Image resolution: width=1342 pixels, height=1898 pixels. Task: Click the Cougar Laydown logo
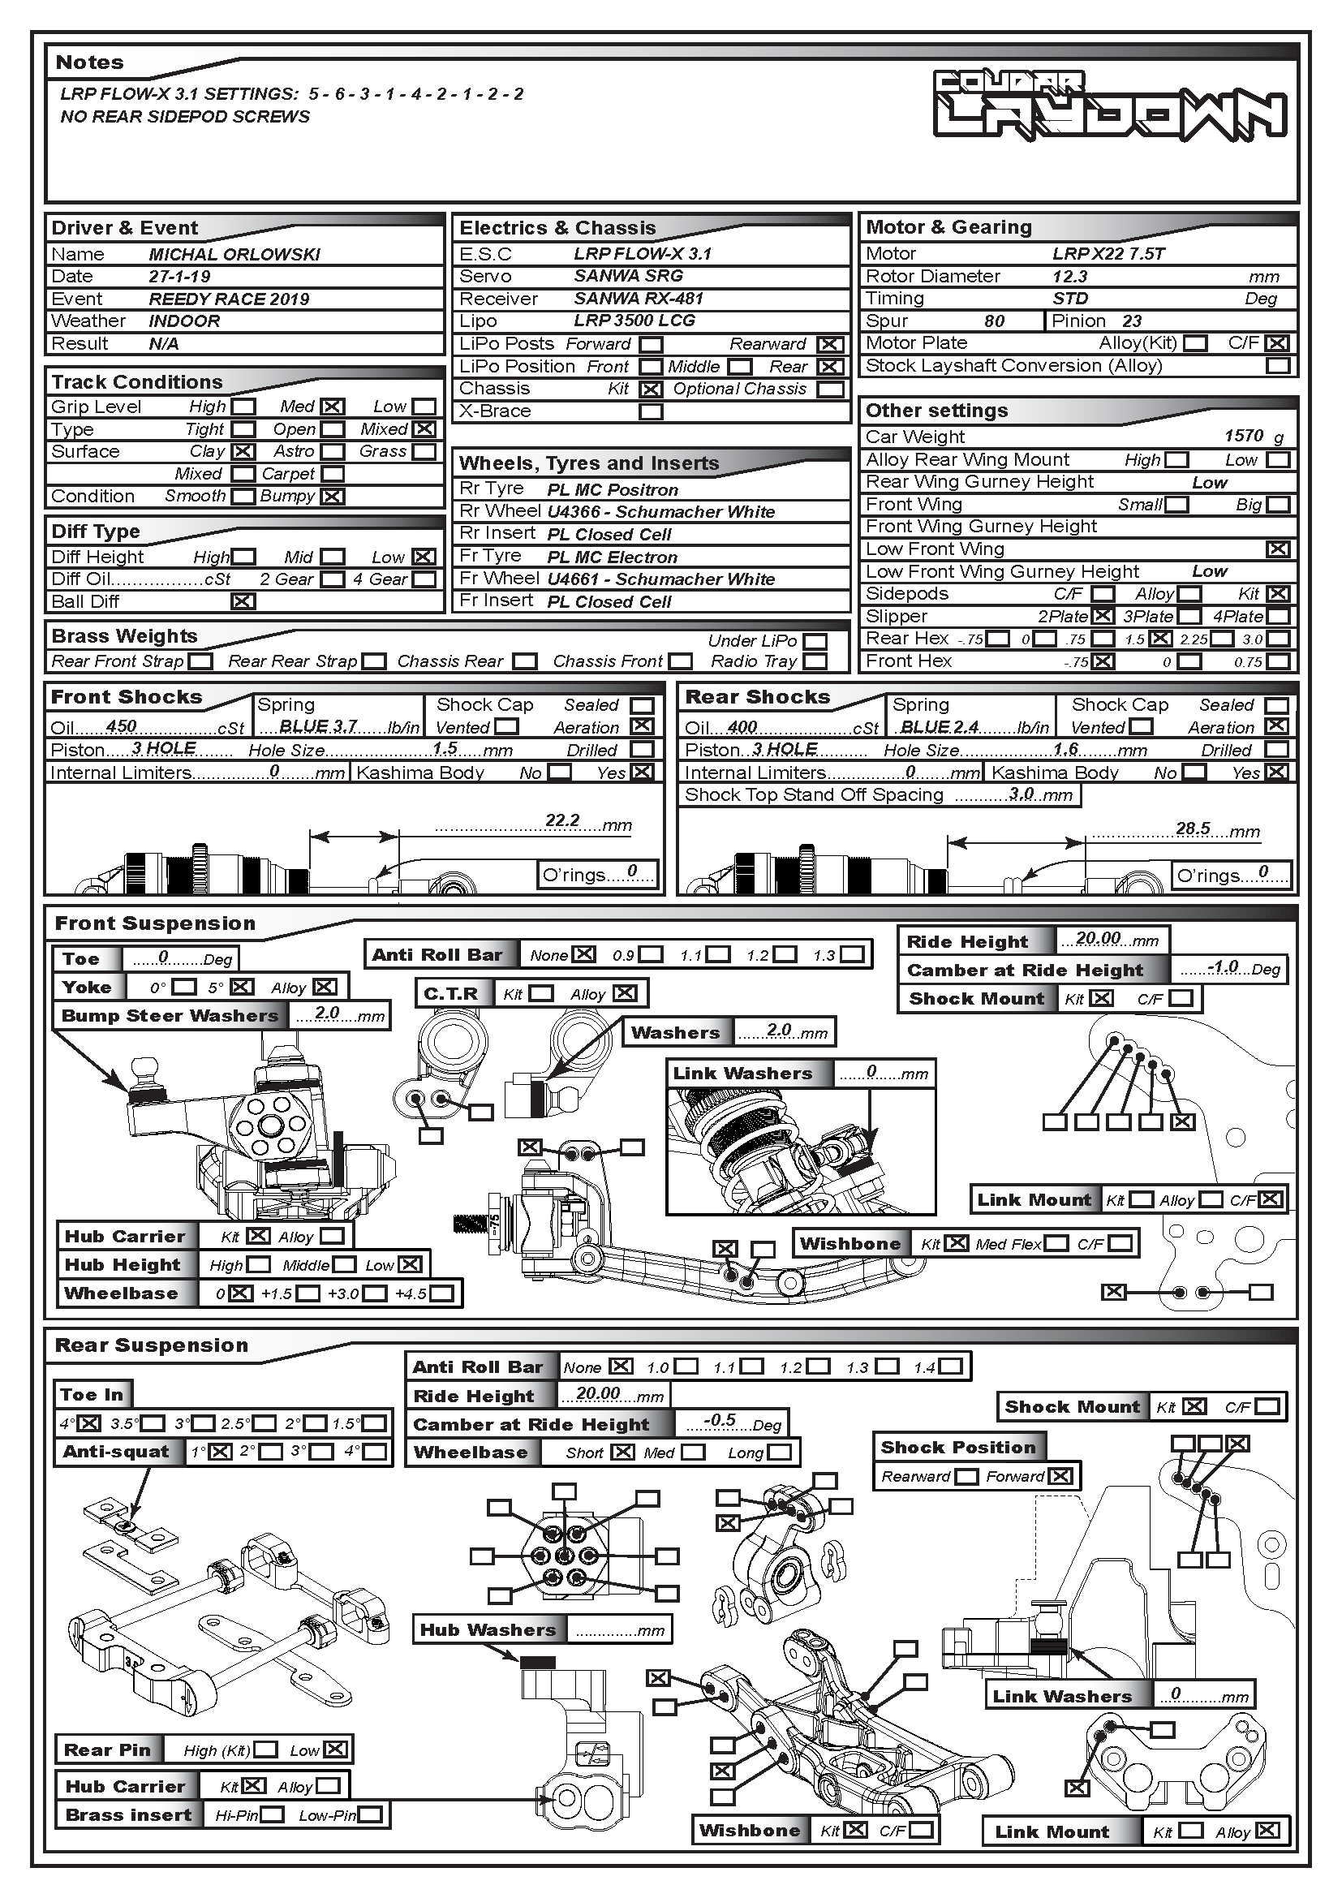1110,104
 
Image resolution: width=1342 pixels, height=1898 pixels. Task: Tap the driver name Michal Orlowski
234,255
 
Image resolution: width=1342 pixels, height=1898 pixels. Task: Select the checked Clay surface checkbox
243,452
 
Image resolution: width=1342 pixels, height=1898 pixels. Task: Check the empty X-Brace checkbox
652,411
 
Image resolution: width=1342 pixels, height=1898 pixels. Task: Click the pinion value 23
1131,321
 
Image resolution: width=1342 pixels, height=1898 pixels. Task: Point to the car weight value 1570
1244,436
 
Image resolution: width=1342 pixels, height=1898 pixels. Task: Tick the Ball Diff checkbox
243,602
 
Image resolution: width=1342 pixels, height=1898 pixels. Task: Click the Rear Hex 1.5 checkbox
1160,639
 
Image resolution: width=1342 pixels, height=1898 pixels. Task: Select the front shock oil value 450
122,725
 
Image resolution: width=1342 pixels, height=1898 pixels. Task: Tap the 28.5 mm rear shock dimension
1193,828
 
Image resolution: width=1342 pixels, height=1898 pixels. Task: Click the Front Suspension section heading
154,923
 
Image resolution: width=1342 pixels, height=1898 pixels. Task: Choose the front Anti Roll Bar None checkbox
584,954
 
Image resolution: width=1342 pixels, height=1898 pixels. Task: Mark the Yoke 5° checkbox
242,987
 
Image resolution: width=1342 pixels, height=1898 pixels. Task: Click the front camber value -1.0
1222,967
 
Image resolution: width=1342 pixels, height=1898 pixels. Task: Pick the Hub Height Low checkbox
411,1265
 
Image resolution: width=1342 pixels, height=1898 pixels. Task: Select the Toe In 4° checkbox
89,1423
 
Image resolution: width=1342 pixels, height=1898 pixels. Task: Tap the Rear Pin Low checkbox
336,1750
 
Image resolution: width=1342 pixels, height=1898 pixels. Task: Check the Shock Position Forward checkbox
1062,1476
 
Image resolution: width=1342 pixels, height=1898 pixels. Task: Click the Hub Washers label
488,1630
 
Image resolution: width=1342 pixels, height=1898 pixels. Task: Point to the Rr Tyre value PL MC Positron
613,490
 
